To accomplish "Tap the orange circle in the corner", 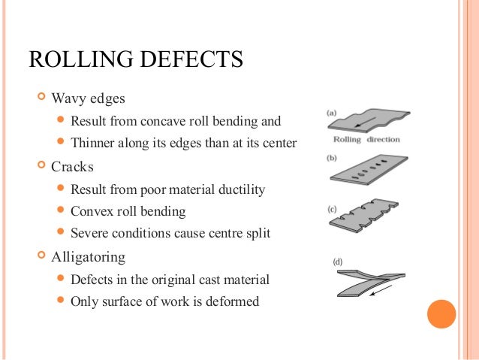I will coord(441,314).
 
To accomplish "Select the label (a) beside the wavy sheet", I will coord(331,113).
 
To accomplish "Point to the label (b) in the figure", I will coord(331,159).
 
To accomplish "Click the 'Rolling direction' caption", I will coord(366,139).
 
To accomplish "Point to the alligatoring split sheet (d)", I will coord(368,280).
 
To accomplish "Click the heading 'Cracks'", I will coord(72,166).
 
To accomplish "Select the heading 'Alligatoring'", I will coord(88,256).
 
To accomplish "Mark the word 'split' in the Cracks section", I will coord(255,234).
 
